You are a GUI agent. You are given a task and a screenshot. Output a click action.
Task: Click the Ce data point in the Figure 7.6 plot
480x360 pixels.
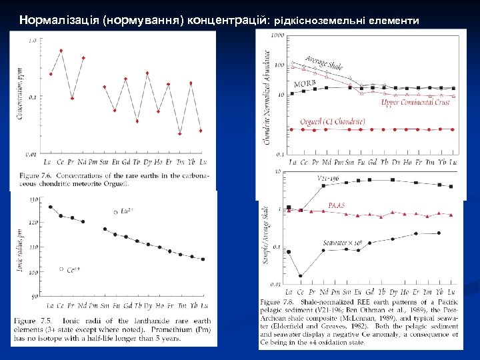[61, 51]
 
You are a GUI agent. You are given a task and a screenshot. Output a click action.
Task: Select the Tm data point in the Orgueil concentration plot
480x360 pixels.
[180, 133]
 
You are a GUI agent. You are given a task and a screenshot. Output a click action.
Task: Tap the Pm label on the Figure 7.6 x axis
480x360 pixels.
[93, 162]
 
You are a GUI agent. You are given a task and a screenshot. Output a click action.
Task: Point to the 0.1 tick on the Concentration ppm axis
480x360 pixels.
[32, 97]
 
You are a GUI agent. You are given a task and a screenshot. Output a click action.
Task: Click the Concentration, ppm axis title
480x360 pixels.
[20, 97]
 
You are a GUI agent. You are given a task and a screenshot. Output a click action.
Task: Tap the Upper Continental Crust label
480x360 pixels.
[415, 103]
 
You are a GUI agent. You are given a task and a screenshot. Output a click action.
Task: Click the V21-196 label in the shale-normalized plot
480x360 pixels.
[328, 178]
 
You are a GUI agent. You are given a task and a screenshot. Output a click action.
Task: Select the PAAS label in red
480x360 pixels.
[337, 206]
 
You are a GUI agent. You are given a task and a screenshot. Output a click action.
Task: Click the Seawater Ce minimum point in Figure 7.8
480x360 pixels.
[301, 275]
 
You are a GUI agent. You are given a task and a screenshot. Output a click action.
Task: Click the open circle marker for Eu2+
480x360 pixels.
[116, 211]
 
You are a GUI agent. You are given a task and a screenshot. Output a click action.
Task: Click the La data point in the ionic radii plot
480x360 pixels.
[51, 207]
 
